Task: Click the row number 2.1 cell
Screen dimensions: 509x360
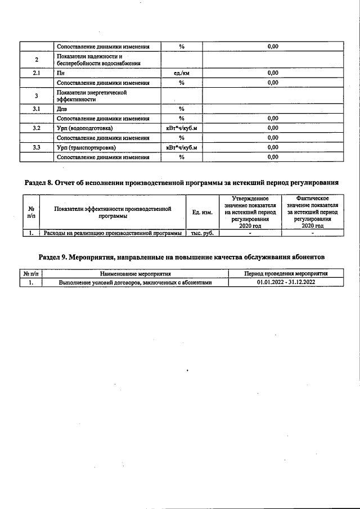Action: [x=37, y=73]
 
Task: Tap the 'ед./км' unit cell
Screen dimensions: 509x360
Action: [x=182, y=73]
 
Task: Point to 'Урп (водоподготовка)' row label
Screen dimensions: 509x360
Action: [x=84, y=128]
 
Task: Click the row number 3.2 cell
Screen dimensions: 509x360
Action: [x=37, y=128]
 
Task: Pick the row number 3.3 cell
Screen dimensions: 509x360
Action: [x=37, y=147]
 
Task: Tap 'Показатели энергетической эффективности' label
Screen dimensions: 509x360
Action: [x=85, y=96]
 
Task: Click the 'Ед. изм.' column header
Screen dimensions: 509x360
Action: [x=202, y=212]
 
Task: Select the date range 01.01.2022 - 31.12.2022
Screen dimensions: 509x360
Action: [x=286, y=282]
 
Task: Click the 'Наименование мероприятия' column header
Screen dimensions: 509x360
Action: [x=135, y=273]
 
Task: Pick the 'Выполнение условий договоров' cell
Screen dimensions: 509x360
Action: [x=135, y=282]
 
